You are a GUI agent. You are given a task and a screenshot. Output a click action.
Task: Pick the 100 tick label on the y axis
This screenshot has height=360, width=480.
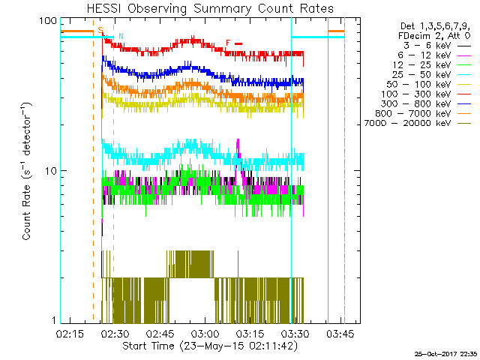(48, 22)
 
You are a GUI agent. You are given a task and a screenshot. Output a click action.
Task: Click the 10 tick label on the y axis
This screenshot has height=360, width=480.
(50, 171)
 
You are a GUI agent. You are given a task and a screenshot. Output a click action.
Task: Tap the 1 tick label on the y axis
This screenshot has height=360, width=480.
(53, 320)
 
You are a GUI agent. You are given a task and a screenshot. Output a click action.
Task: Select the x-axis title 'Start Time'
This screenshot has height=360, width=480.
(210, 346)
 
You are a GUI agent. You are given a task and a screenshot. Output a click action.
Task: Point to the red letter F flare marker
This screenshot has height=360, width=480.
(228, 43)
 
